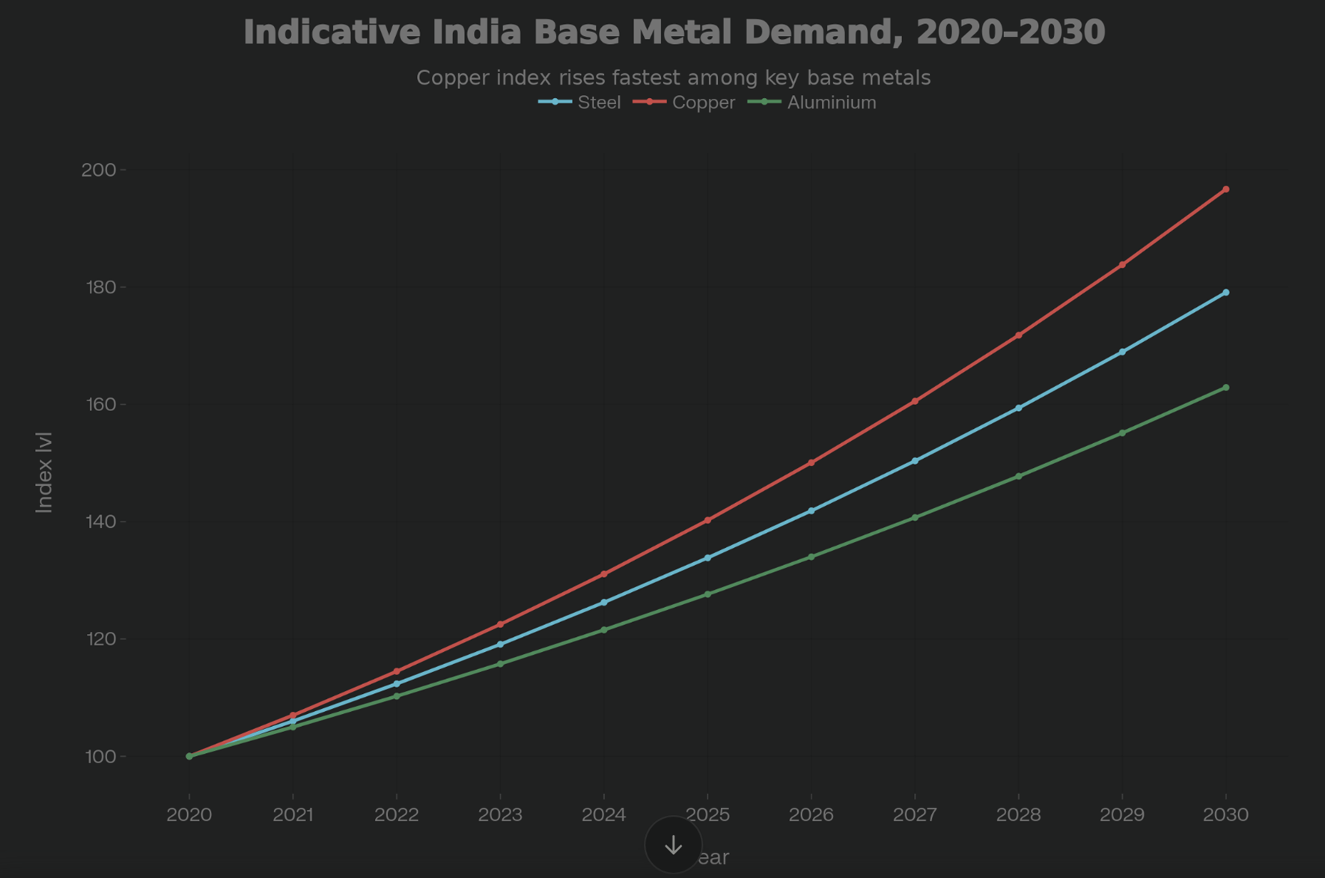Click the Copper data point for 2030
(x=1225, y=189)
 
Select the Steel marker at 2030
(x=1225, y=293)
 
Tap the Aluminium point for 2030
(x=1225, y=388)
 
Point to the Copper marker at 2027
(x=915, y=401)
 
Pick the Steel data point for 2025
(x=707, y=558)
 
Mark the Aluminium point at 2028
(x=1018, y=476)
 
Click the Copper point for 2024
(x=604, y=574)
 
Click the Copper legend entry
(x=685, y=103)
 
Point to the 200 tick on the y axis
(x=99, y=170)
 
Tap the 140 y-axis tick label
(x=99, y=522)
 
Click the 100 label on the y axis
(x=99, y=757)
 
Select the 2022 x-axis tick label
(x=397, y=814)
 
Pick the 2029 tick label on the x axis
(x=1121, y=814)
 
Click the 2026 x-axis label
(x=811, y=814)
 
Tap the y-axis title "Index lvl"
(x=44, y=472)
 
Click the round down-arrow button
(x=674, y=845)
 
